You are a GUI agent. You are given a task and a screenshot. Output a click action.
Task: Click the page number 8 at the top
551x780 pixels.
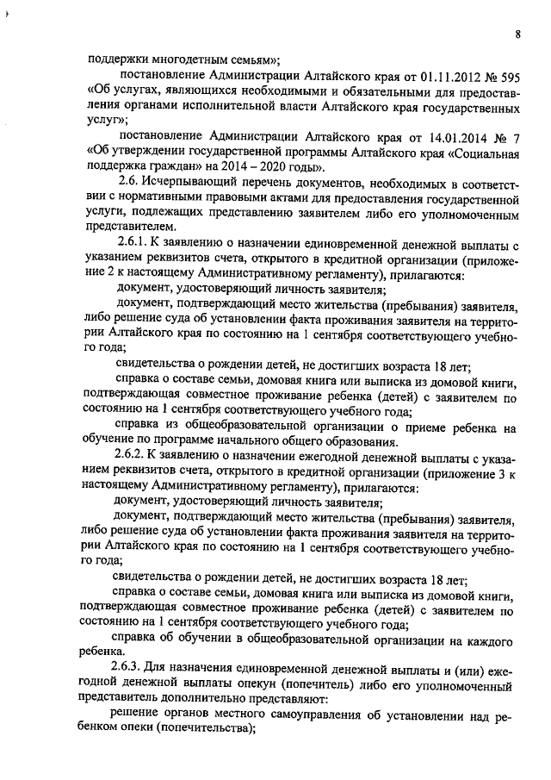point(517,34)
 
